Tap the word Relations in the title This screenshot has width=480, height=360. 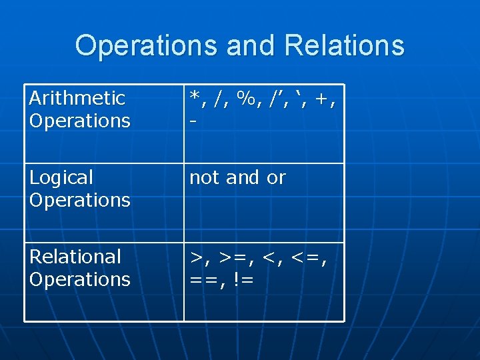pos(344,46)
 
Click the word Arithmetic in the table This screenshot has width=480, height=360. pos(77,99)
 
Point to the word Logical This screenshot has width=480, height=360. pos(61,178)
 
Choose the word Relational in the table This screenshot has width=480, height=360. pos(75,257)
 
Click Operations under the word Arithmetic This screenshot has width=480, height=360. pos(80,121)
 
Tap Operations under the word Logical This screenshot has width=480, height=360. pos(80,200)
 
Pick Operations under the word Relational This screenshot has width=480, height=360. pos(80,279)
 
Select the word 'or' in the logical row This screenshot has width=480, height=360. pos(276,178)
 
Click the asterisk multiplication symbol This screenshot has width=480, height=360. pos(195,97)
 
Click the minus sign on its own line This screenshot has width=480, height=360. pos(193,122)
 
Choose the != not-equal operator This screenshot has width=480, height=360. pos(244,279)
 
